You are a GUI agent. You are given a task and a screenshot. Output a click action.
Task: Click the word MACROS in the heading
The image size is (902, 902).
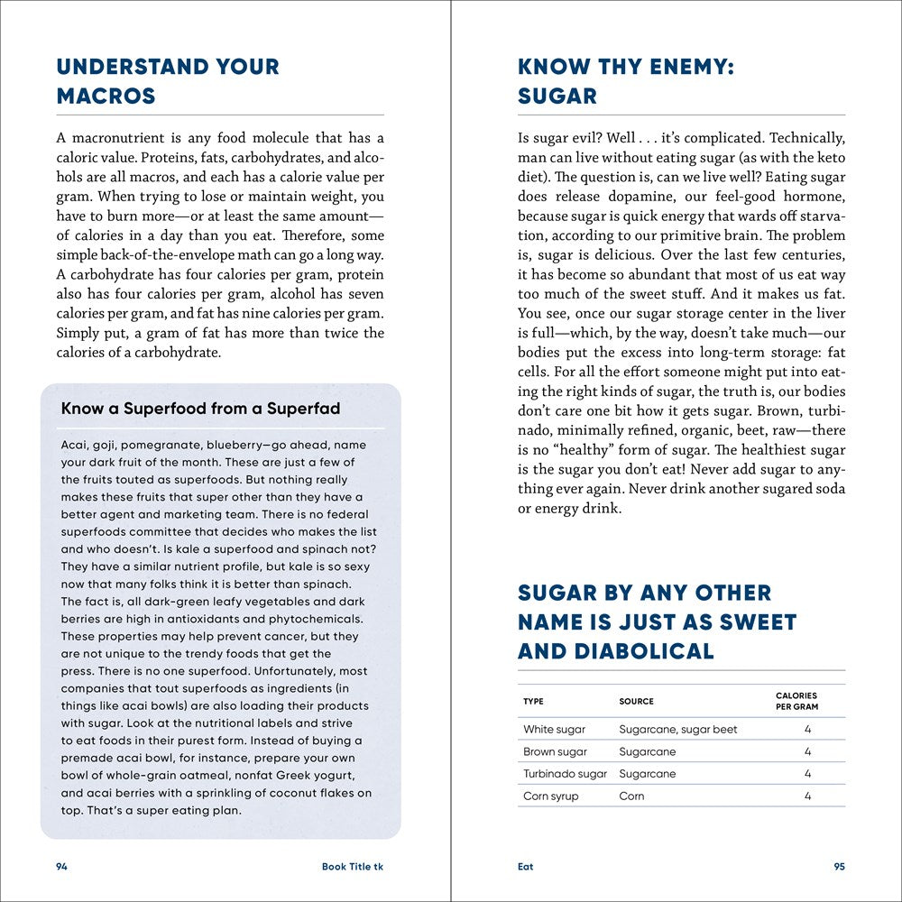coord(106,96)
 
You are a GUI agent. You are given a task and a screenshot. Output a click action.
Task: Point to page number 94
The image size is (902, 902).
coord(61,866)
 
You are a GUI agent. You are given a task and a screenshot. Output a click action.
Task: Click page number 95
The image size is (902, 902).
coord(839,866)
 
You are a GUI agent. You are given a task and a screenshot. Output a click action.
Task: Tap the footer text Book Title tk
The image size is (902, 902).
coord(353,866)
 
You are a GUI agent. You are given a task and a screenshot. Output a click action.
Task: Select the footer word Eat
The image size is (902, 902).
coord(526,866)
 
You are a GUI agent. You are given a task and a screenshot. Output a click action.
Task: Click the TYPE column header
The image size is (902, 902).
coord(533,701)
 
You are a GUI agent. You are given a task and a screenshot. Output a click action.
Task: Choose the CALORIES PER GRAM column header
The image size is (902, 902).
coord(796,701)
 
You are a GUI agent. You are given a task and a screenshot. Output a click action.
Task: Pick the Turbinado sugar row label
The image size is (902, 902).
coord(566,774)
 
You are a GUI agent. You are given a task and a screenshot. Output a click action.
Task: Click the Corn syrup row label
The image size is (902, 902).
coord(551,796)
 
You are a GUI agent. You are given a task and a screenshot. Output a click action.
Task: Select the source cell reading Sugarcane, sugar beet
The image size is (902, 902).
coord(678,729)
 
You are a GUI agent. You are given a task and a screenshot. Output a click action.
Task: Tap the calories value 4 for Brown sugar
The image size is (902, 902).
coord(808,751)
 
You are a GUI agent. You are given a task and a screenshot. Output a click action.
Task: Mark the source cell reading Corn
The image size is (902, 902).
coord(631,796)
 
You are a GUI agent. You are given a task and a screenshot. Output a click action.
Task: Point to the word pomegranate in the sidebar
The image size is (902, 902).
coord(160,445)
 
